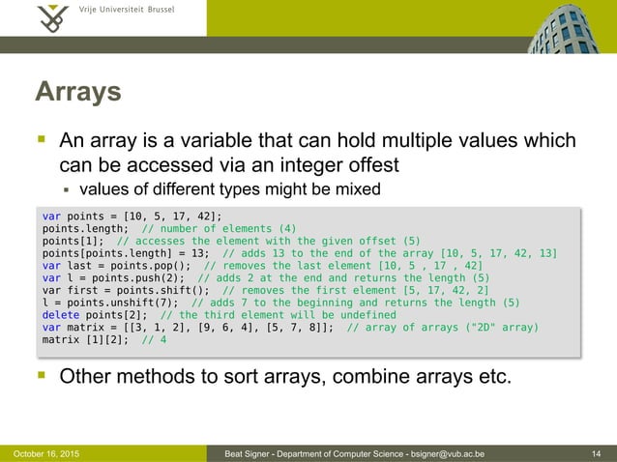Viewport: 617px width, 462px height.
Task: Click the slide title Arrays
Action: click(x=77, y=92)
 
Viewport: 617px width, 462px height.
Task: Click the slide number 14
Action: click(x=599, y=452)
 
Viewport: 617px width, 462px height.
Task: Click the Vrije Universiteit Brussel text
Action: click(x=126, y=12)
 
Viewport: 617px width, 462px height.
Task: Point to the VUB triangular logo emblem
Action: click(x=53, y=17)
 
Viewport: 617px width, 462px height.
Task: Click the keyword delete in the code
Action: click(x=60, y=314)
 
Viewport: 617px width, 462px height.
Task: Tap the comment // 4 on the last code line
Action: click(x=153, y=339)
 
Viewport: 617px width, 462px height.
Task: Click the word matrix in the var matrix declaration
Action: click(x=79, y=327)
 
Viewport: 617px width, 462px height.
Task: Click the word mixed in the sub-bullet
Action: click(x=356, y=188)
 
